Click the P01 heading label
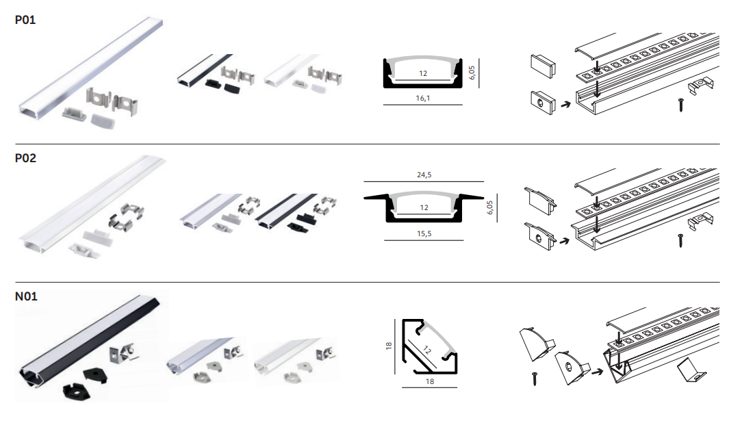click(25, 20)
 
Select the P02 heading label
click(25, 158)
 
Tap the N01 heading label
click(26, 296)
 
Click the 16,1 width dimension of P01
click(423, 98)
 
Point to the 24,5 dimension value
click(424, 175)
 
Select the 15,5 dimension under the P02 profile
click(424, 234)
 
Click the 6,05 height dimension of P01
click(472, 73)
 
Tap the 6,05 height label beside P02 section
click(489, 207)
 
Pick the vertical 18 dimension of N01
click(389, 346)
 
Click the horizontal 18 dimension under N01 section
click(429, 382)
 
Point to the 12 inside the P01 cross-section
click(423, 74)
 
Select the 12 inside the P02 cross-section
click(424, 207)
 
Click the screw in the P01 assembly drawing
click(681, 105)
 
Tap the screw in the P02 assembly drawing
click(680, 241)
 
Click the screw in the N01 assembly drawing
click(535, 379)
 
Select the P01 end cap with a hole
click(543, 102)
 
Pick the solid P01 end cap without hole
click(543, 66)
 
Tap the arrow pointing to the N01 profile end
click(597, 372)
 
